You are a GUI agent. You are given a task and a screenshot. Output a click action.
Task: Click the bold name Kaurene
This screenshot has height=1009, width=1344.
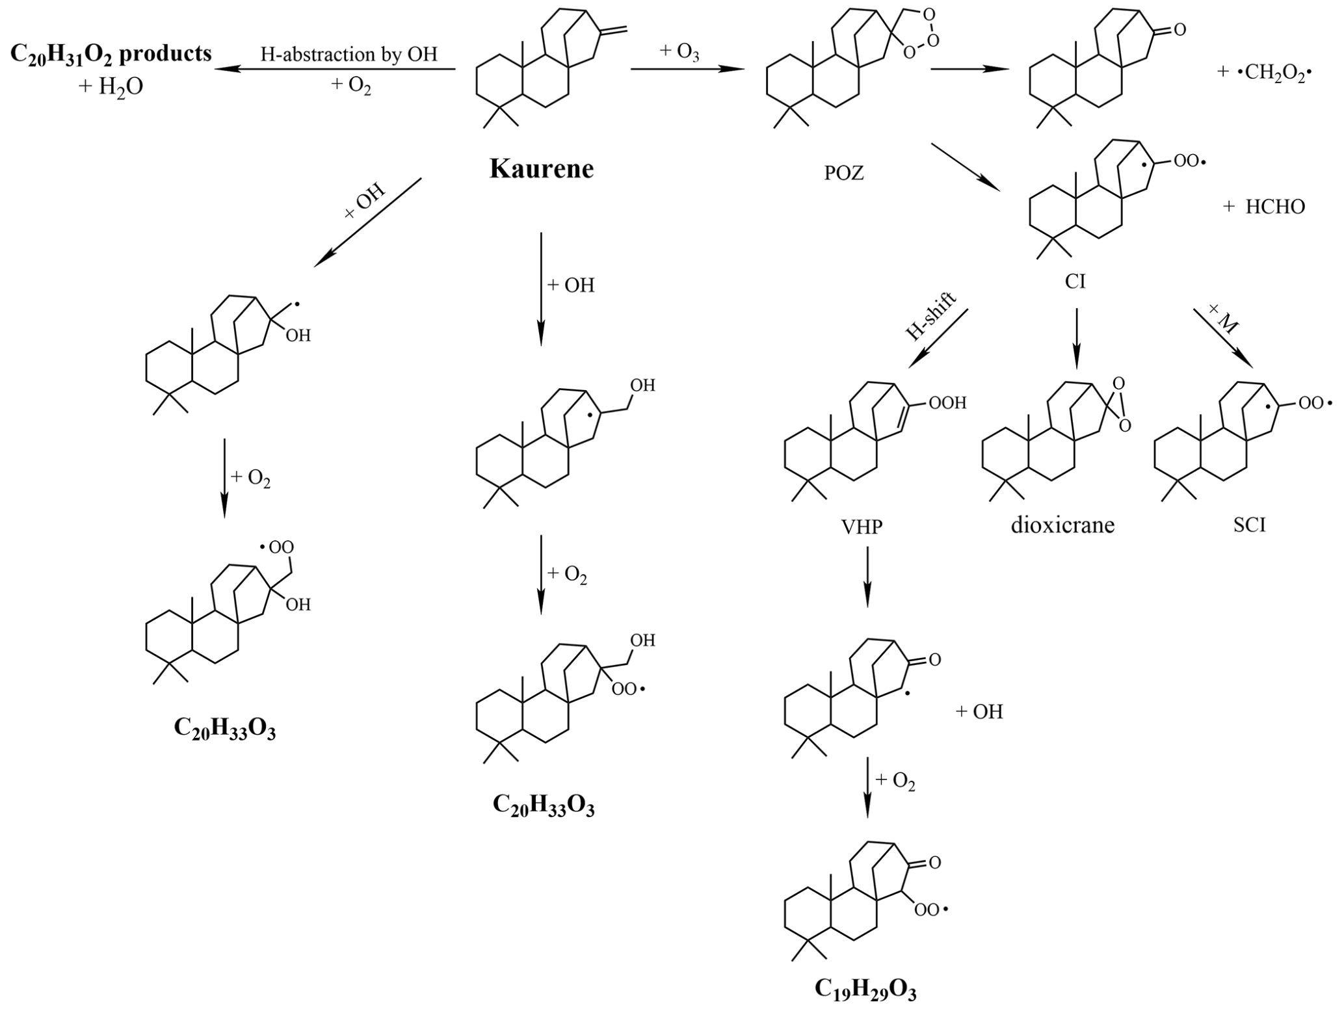[x=542, y=168]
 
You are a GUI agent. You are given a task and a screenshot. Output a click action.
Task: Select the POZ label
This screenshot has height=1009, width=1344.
[x=844, y=173]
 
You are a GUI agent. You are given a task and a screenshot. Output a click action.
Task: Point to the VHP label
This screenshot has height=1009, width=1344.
[x=865, y=525]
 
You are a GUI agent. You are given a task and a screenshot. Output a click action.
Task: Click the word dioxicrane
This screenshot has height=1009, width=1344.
[x=1062, y=524]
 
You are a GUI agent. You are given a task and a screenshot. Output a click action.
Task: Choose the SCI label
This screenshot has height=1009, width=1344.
[x=1249, y=525]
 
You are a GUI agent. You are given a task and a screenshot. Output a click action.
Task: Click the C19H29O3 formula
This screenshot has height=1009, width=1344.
[x=865, y=989]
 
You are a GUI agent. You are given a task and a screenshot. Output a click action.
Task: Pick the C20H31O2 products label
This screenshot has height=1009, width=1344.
[x=111, y=53]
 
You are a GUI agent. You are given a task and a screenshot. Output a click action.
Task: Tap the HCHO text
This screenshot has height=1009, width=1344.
[x=1275, y=207]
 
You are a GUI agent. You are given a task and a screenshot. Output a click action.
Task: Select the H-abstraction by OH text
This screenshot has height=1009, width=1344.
[x=349, y=54]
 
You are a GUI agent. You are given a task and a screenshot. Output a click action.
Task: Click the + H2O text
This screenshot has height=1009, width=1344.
[x=111, y=86]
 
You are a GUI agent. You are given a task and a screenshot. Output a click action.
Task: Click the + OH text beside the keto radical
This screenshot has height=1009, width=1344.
[x=979, y=711]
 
